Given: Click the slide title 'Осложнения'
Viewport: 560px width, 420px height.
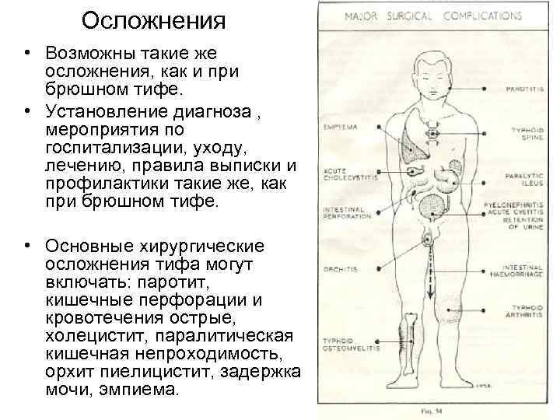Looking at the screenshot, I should pos(152,21).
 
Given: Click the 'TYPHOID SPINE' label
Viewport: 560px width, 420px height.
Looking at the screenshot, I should pos(525,135).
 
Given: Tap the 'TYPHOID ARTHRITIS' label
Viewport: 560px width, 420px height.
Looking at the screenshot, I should pos(523,313).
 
